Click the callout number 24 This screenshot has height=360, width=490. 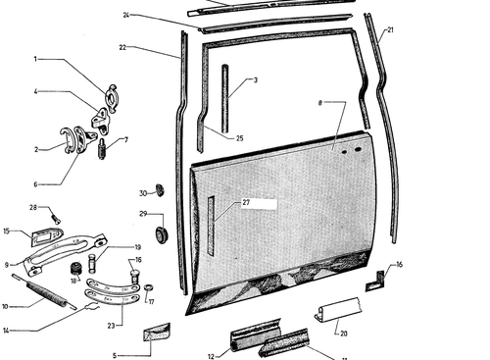click(126, 15)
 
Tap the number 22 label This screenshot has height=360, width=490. click(122, 47)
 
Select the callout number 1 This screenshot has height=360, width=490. click(35, 59)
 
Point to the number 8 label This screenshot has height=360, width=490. click(320, 103)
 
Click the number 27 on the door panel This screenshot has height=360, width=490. click(246, 202)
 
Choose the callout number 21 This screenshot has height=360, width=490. click(390, 30)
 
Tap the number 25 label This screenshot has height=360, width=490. click(240, 138)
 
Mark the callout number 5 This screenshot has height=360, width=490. click(115, 355)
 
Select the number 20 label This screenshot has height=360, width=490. click(344, 334)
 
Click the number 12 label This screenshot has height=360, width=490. click(211, 356)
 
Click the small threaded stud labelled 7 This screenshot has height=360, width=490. click(102, 149)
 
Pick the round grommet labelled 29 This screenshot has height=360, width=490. click(162, 234)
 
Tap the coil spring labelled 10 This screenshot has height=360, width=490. click(44, 291)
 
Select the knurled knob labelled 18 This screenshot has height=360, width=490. click(75, 268)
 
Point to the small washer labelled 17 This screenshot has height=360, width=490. click(148, 287)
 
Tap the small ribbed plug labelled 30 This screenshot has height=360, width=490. click(160, 190)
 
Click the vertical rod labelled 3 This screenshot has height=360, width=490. click(224, 98)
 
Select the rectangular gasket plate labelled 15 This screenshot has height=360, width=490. click(47, 236)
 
